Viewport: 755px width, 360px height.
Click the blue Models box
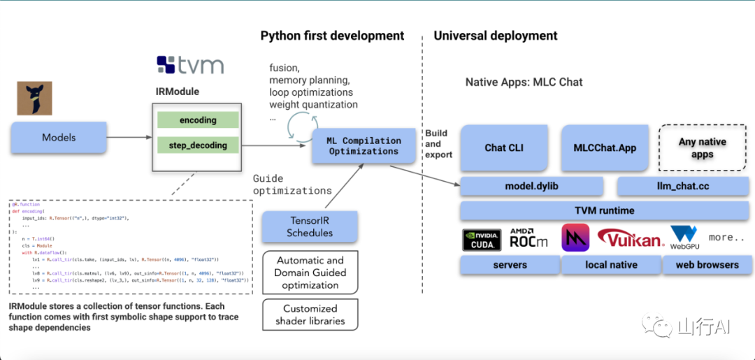(59, 138)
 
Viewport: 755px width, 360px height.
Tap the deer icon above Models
(35, 98)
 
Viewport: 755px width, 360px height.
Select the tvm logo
(190, 66)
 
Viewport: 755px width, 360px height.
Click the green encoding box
(198, 120)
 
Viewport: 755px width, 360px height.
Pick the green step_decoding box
(198, 145)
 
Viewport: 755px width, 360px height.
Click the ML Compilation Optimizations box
(364, 146)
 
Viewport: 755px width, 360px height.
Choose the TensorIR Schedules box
(310, 226)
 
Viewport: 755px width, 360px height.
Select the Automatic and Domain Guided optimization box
(310, 273)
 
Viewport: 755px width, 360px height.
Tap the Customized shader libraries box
(310, 315)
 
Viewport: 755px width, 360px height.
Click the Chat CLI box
(505, 148)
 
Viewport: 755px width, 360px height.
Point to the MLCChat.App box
(605, 148)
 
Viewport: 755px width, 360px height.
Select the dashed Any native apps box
(702, 147)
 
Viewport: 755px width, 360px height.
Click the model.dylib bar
(532, 187)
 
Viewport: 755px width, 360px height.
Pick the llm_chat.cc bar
(684, 187)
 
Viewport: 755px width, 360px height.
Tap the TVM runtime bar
(605, 210)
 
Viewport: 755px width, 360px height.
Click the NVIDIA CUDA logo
(482, 239)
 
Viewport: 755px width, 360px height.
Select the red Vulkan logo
(630, 239)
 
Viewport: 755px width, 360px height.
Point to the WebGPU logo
(684, 238)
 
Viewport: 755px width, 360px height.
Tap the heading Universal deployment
(496, 36)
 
